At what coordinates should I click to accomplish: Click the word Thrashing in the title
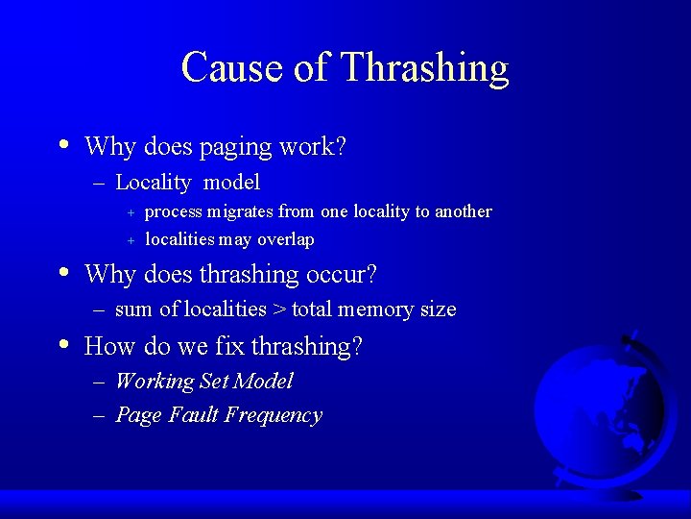[424, 68]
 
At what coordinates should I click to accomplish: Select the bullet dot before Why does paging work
[63, 145]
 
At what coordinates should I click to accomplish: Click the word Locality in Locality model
[153, 182]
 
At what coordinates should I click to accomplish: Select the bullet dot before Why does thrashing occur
[63, 273]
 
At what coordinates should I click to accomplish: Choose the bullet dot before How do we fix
[63, 344]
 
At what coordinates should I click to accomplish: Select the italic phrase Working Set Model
[203, 382]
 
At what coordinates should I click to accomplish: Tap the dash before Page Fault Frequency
[101, 415]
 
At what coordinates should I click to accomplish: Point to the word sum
[133, 309]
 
